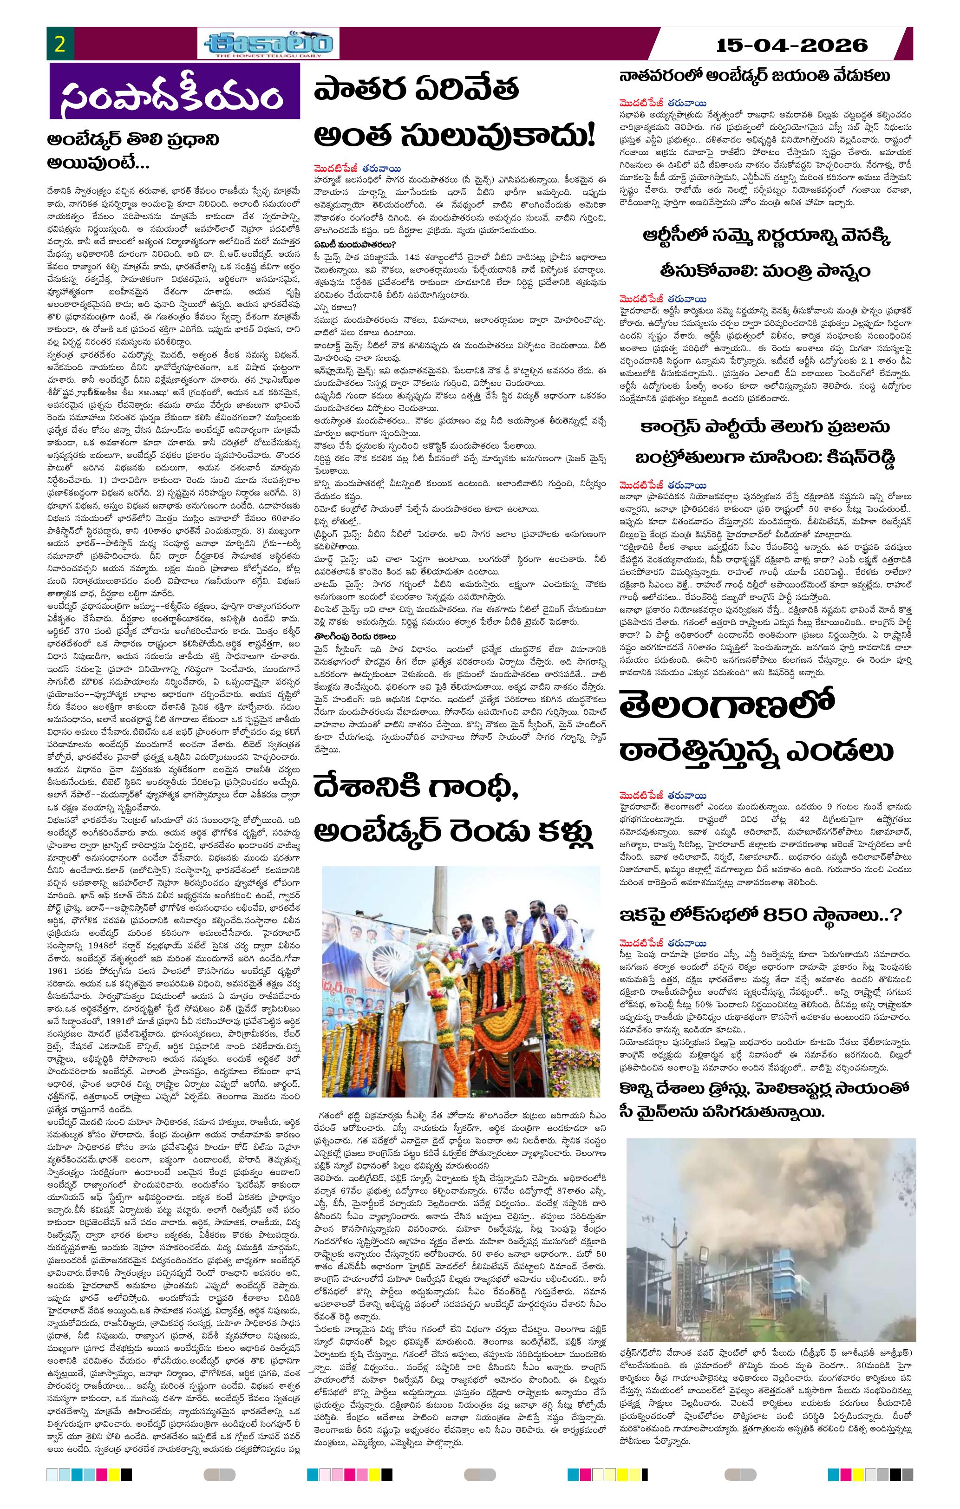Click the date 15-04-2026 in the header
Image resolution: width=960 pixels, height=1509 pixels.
pos(792,45)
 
